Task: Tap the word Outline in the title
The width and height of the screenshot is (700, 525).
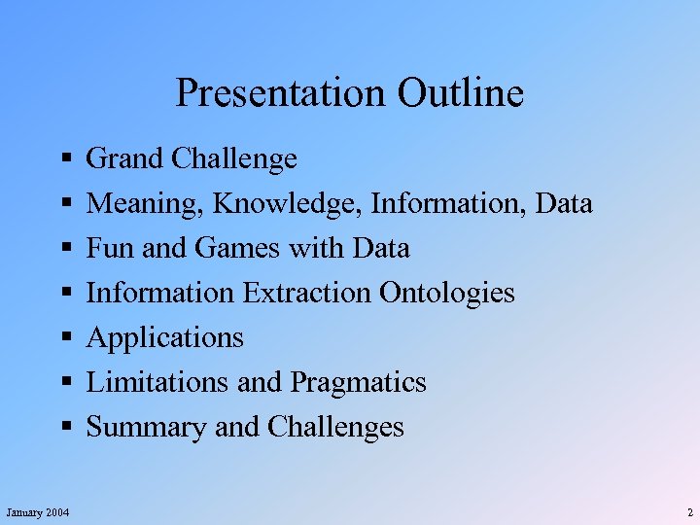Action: point(460,94)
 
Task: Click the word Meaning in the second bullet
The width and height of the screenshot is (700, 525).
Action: point(146,204)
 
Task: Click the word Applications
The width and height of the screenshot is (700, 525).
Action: point(165,338)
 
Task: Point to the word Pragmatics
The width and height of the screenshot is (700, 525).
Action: point(358,382)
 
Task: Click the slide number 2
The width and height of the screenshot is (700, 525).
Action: point(689,512)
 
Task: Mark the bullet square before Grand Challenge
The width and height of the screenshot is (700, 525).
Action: point(63,157)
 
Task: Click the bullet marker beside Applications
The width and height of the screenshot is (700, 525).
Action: point(63,337)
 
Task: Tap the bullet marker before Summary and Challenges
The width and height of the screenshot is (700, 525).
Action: point(63,427)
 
